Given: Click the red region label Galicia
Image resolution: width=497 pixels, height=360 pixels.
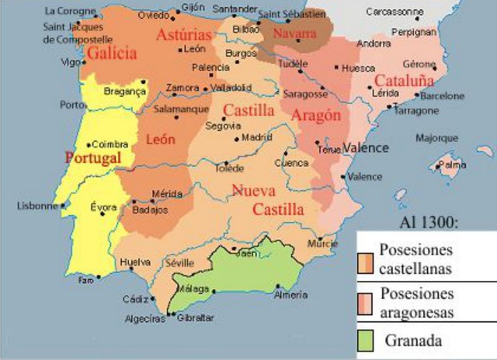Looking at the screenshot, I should pyautogui.click(x=113, y=54).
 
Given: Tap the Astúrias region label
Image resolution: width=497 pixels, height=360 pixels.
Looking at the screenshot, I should pyautogui.click(x=183, y=35).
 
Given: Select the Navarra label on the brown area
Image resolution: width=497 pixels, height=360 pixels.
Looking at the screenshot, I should pyautogui.click(x=295, y=34).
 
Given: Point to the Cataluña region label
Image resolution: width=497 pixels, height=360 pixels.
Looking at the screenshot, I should pyautogui.click(x=404, y=80).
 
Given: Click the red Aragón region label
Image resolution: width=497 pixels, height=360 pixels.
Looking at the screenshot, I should pyautogui.click(x=316, y=115).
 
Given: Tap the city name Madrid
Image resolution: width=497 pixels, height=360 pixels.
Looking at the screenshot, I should pyautogui.click(x=257, y=137).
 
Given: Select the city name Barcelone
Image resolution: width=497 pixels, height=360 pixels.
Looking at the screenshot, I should pyautogui.click(x=442, y=96).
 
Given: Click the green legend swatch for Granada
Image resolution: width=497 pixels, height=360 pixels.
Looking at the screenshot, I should pyautogui.click(x=367, y=339).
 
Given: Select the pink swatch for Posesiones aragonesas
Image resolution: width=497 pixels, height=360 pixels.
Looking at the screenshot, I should pyautogui.click(x=367, y=303).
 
